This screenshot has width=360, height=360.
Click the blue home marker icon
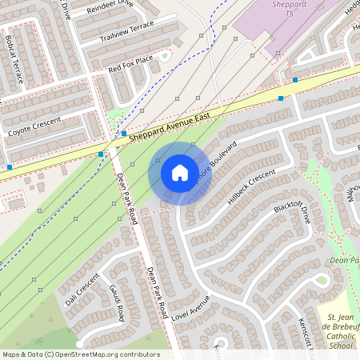[x=180, y=172]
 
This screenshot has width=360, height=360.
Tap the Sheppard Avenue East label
[x=169, y=128]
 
